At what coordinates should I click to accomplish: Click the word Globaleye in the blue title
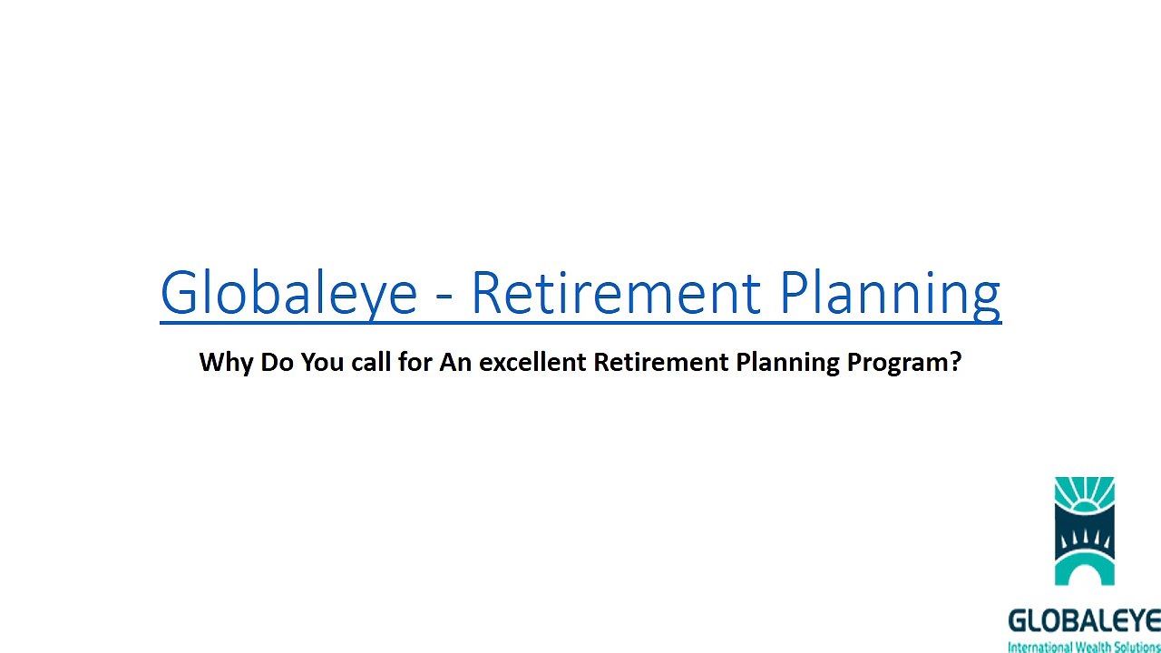tap(288, 293)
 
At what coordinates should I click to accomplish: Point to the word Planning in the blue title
tap(891, 294)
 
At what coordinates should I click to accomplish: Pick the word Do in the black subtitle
tap(277, 362)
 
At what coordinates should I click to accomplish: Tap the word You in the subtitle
tap(322, 362)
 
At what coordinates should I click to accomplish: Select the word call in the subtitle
tap(371, 361)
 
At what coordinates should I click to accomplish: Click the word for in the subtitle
tap(415, 361)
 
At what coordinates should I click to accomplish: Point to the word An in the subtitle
tap(455, 362)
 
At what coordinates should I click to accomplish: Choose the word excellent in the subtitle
tap(532, 361)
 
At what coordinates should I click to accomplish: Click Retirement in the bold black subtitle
tap(661, 362)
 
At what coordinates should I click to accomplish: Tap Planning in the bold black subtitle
tap(787, 363)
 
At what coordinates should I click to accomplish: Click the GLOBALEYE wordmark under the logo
tap(1084, 621)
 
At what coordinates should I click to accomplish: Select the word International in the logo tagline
tap(1040, 648)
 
